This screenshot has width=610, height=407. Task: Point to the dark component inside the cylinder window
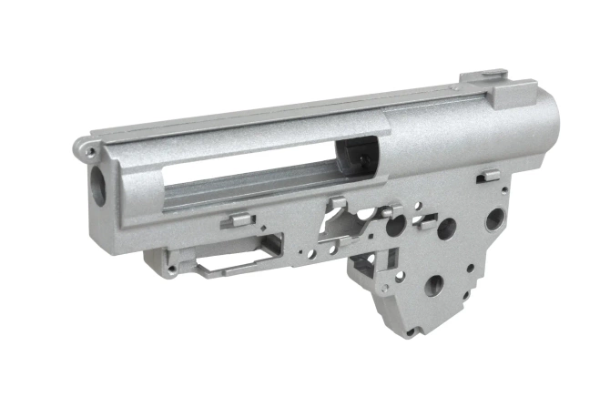[357, 156]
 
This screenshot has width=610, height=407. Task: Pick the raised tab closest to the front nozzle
[236, 219]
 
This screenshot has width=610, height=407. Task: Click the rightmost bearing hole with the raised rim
[493, 219]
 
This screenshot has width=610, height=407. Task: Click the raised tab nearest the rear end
[488, 175]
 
